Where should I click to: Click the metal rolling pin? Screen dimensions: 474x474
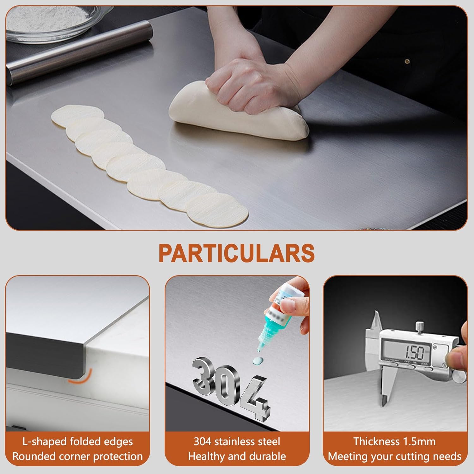click(79, 51)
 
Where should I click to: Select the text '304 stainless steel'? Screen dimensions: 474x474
click(237, 441)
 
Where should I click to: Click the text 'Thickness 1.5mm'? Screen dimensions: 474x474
click(394, 441)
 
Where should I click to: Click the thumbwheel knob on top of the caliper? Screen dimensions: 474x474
click(419, 326)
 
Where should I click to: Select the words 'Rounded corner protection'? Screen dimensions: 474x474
click(77, 456)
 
